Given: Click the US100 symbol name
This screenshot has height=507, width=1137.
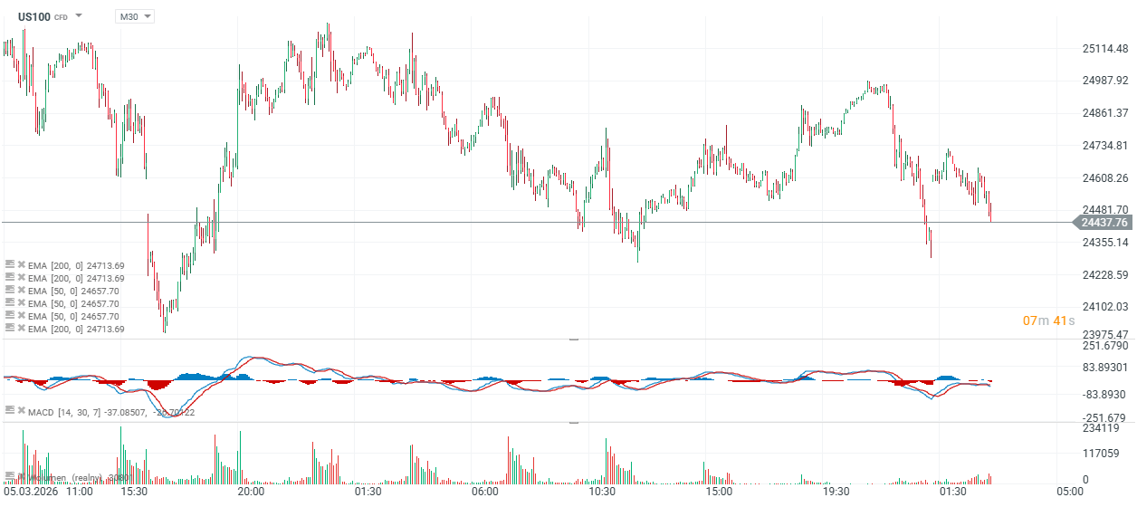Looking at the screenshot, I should (x=34, y=16).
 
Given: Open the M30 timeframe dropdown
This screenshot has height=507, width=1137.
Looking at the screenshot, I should (x=134, y=16).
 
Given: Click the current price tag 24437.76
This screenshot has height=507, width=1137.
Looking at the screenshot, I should (x=1102, y=222).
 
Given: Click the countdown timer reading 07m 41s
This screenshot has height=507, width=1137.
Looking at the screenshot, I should (x=1048, y=320).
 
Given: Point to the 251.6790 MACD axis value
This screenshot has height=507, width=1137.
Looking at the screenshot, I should (x=1104, y=346).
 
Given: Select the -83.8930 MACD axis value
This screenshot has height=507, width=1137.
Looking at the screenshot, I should (x=1104, y=395).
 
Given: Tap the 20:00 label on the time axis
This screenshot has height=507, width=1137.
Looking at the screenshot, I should (x=251, y=492).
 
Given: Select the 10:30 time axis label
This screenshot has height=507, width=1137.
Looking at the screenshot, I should (x=602, y=492).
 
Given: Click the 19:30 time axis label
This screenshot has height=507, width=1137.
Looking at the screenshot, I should (x=836, y=492).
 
